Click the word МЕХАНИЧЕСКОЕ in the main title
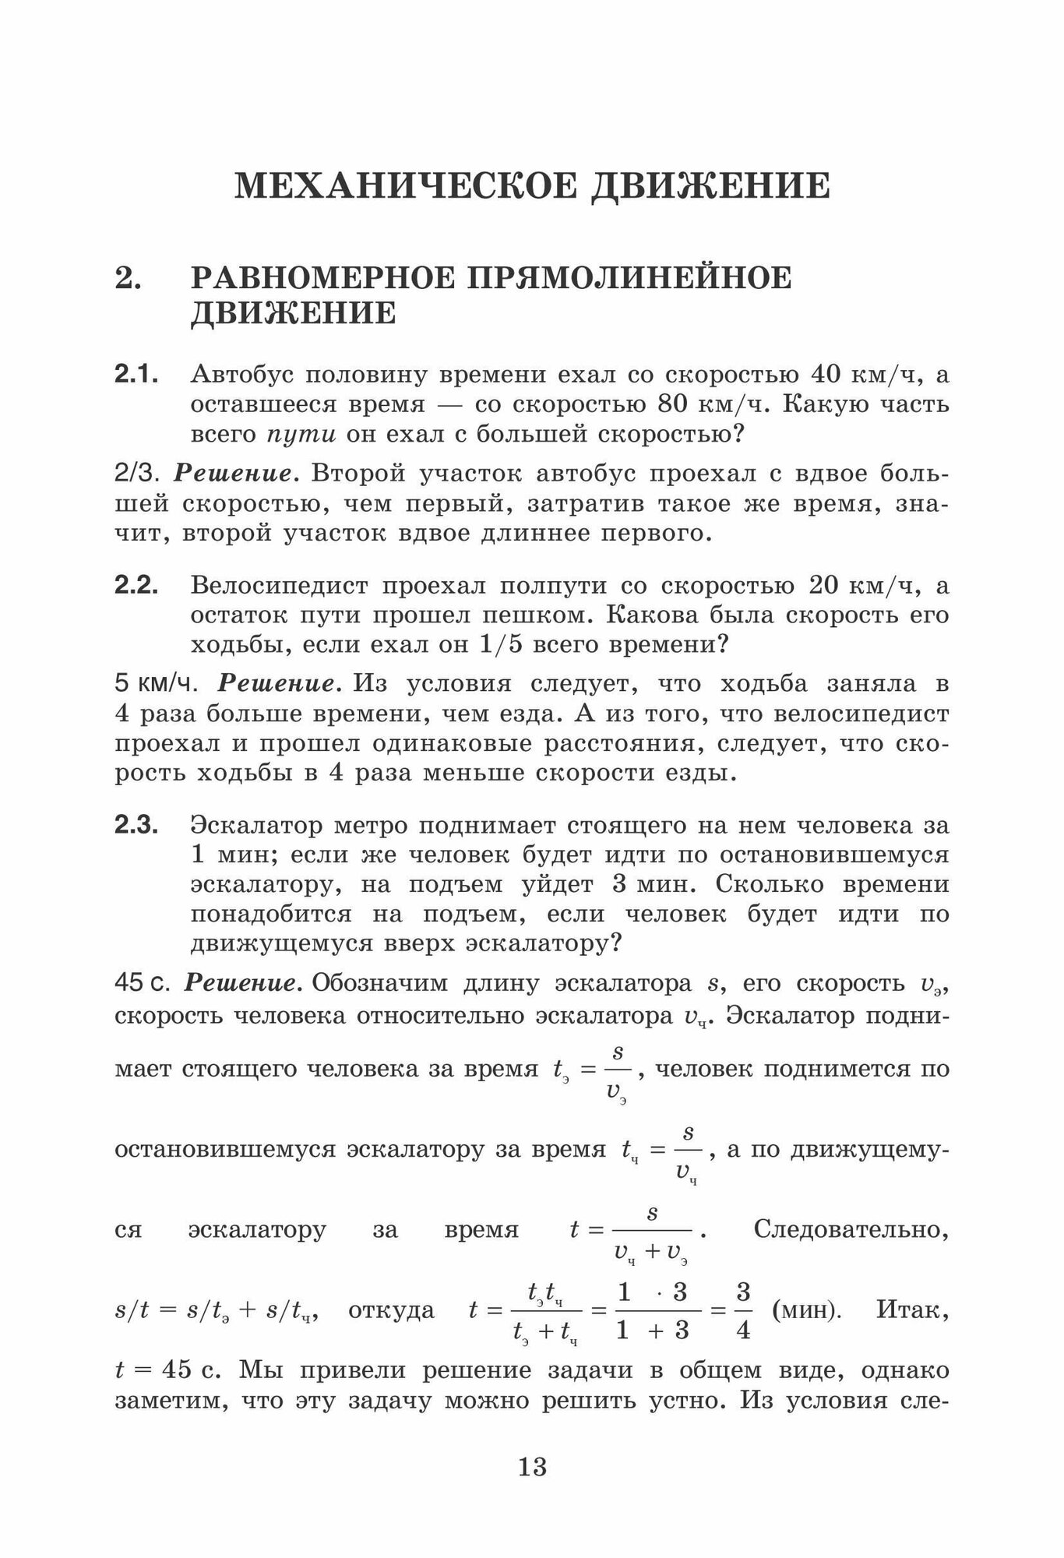[x=406, y=187]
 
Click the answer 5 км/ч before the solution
[x=156, y=684]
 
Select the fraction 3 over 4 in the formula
[x=743, y=1310]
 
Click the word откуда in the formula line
[x=391, y=1310]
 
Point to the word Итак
[x=912, y=1310]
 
